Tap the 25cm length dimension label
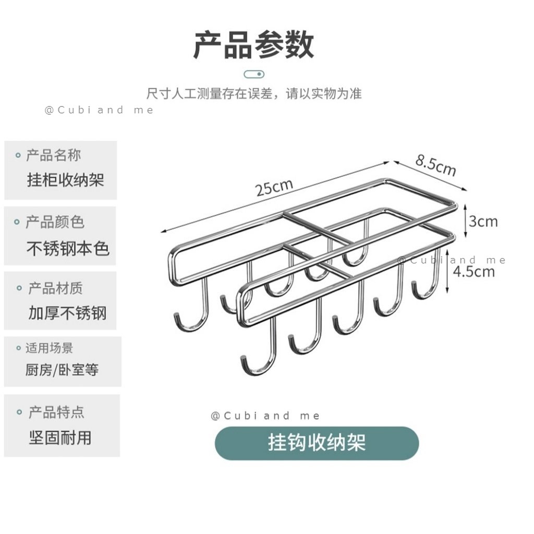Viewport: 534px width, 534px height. (x=274, y=188)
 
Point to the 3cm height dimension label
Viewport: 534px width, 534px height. (x=482, y=221)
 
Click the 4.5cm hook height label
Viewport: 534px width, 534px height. (x=474, y=271)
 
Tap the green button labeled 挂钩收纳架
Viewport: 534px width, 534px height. (x=317, y=443)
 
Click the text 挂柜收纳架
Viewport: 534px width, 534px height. (x=66, y=180)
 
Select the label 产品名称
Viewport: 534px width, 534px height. (x=54, y=155)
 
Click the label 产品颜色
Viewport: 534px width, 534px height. (x=55, y=222)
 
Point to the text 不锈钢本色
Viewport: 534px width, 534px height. (x=68, y=248)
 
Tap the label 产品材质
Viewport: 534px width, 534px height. (x=55, y=288)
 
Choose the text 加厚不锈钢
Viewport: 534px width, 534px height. (x=67, y=313)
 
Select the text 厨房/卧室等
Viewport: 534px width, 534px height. (x=62, y=371)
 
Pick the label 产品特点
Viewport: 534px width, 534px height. (x=56, y=413)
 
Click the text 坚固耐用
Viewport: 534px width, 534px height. (x=60, y=437)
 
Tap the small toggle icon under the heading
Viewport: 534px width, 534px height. (x=254, y=74)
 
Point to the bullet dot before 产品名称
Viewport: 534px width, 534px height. (x=18, y=155)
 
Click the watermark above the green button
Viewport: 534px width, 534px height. (x=265, y=416)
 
